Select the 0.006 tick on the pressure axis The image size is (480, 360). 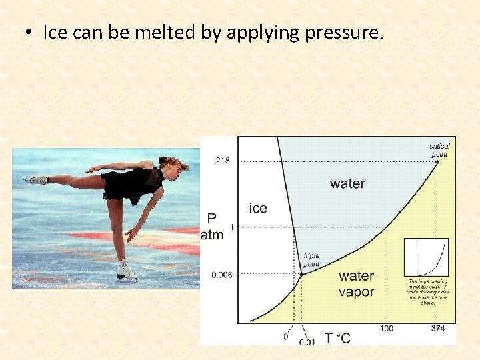(222, 274)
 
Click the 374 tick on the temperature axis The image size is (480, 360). (438, 329)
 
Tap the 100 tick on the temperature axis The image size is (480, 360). (386, 329)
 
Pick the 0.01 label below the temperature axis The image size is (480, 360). (307, 342)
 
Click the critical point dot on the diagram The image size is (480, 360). (437, 161)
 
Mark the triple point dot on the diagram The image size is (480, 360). (301, 274)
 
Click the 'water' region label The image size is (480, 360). (347, 183)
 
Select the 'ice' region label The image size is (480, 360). (258, 208)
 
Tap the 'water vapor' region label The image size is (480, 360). (356, 284)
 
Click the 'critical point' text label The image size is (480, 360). (440, 150)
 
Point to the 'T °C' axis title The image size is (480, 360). (337, 338)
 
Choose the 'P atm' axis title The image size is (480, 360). (212, 227)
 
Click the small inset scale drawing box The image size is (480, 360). (427, 257)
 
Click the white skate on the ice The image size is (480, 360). (125, 271)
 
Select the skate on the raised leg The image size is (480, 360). (37, 180)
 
